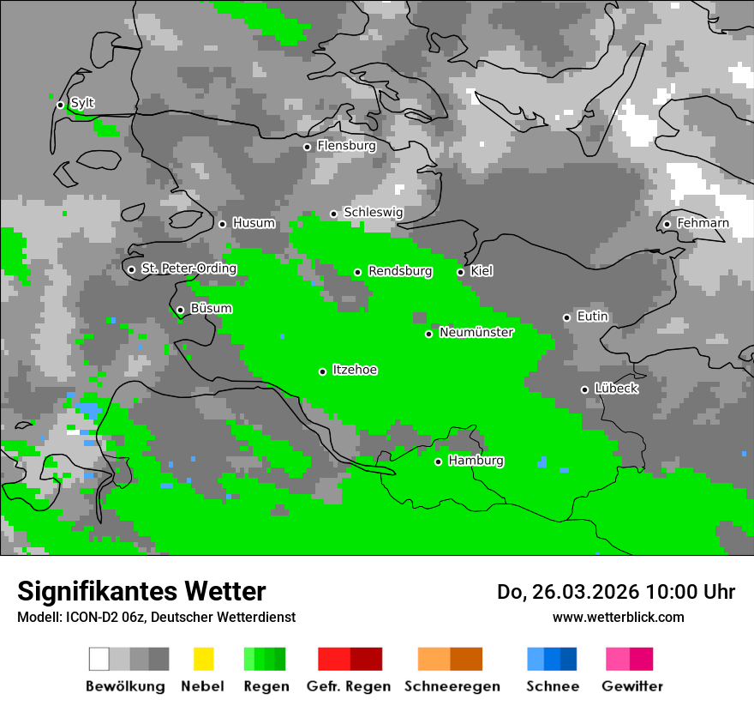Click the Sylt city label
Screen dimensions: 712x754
[82, 103]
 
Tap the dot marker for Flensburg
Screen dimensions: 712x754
[307, 147]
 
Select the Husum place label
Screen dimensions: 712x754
[254, 223]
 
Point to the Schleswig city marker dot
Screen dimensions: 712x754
[333, 214]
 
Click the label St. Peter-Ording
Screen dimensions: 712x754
[188, 269]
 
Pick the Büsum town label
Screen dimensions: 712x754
[211, 309]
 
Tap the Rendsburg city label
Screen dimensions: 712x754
[400, 271]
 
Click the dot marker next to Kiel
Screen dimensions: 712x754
[460, 272]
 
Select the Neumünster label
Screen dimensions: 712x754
[476, 333]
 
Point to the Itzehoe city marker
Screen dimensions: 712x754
[322, 371]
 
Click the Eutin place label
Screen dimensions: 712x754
[592, 317]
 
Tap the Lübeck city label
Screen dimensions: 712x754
[616, 389]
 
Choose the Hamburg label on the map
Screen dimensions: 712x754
[476, 461]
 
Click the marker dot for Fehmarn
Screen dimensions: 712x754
[667, 225]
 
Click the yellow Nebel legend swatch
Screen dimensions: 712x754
[203, 659]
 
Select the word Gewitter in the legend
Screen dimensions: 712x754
[632, 686]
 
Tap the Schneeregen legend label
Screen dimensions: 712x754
[452, 686]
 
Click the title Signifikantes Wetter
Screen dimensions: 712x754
[141, 591]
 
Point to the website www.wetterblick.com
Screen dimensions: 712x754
[618, 617]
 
